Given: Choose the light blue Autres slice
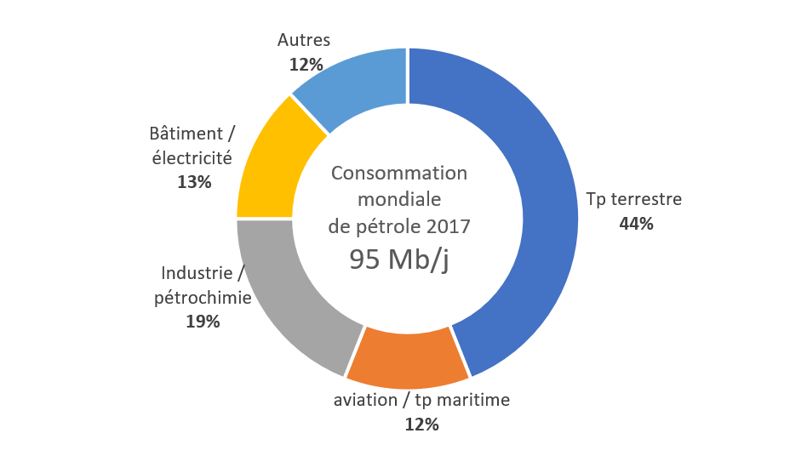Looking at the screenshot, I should [x=358, y=85].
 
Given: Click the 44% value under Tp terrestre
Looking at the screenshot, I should [x=636, y=224].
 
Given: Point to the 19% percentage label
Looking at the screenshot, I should [x=203, y=322].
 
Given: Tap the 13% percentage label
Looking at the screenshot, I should [x=194, y=182].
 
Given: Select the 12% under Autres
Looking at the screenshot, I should [x=306, y=64].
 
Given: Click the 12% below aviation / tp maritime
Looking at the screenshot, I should [x=421, y=425].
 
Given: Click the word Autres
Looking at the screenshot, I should [x=304, y=40].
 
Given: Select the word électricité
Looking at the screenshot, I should [x=192, y=157].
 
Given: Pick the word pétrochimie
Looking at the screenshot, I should [x=203, y=298].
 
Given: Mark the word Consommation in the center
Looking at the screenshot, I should [x=399, y=174].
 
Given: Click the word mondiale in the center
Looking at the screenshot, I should [x=399, y=200].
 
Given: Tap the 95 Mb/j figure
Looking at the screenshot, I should [x=399, y=260].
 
